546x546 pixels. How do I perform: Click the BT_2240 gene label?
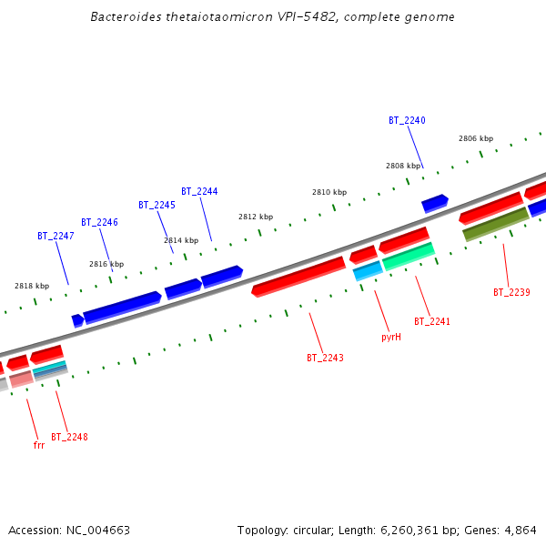pos(407,120)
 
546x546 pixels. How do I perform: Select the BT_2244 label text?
pos(199,191)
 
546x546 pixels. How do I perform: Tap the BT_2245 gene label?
pos(157,205)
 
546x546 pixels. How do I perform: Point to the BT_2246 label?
pos(99,222)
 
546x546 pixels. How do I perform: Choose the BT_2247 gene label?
pos(56,236)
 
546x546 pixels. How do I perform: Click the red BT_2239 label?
pos(511,292)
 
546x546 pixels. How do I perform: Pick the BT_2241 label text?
pos(432,321)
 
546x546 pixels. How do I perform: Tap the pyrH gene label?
pos(391,337)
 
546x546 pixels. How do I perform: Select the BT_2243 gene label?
pos(325,358)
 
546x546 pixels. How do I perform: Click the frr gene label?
pos(39,445)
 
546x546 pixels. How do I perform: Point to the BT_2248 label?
pos(69,437)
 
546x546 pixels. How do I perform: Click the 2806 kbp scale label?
pos(476,138)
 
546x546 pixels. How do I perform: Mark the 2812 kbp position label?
pos(256,217)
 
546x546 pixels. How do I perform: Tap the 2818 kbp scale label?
pos(30,286)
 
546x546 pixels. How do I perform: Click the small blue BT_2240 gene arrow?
pos(435,203)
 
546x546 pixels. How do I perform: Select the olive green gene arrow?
pos(495,224)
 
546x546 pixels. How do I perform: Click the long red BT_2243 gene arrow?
pos(298,275)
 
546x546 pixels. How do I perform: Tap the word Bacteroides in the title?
pos(124,17)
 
